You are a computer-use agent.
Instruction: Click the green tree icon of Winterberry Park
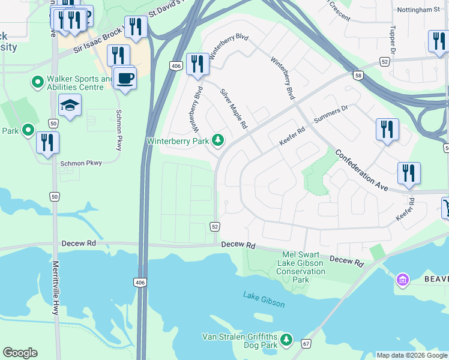pyautogui.click(x=219, y=141)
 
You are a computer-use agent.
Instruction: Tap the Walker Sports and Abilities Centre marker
pyautogui.click(x=38, y=81)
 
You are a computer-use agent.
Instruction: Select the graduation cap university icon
pyautogui.click(x=70, y=106)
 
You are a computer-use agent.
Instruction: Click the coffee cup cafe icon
pyautogui.click(x=125, y=78)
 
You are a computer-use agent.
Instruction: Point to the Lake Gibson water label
pyautogui.click(x=264, y=299)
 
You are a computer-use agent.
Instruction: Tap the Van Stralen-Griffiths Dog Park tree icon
pyautogui.click(x=286, y=340)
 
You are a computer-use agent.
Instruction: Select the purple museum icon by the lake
pyautogui.click(x=402, y=279)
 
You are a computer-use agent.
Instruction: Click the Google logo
pyautogui.click(x=20, y=353)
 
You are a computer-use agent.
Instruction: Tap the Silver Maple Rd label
pyautogui.click(x=234, y=109)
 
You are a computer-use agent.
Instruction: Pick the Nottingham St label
pyautogui.click(x=418, y=10)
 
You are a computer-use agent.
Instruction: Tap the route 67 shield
pyautogui.click(x=306, y=343)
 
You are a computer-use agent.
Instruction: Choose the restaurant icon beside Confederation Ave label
pyautogui.click(x=409, y=173)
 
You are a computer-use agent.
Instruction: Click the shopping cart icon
pyautogui.click(x=447, y=208)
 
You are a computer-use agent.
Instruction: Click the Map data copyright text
pyautogui.click(x=412, y=355)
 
